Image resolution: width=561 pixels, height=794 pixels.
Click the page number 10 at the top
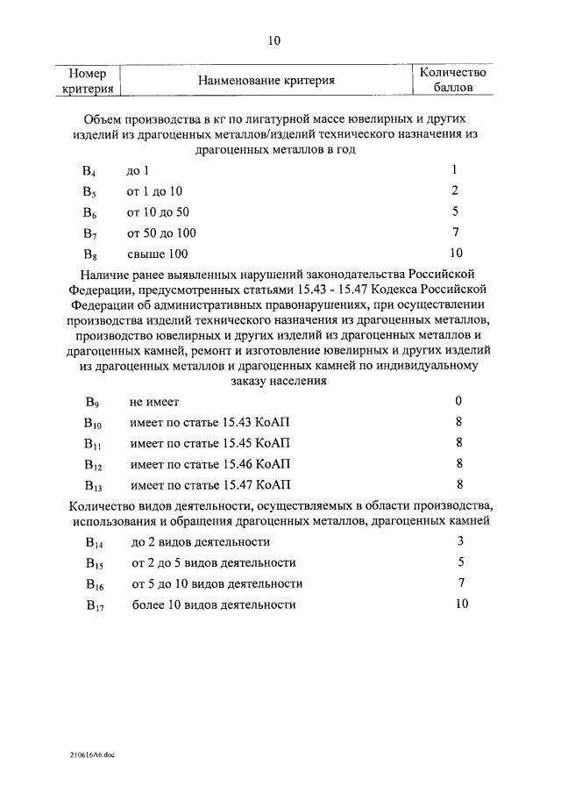pyautogui.click(x=273, y=40)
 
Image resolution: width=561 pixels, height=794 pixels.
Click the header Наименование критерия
pyautogui.click(x=266, y=81)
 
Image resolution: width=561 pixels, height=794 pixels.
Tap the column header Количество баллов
pyautogui.click(x=453, y=81)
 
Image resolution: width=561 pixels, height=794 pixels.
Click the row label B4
pyautogui.click(x=89, y=170)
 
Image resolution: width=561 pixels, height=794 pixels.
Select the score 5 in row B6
pyautogui.click(x=456, y=211)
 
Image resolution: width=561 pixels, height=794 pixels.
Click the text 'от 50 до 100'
pyautogui.click(x=161, y=233)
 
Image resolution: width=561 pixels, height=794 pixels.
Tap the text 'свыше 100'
pyautogui.click(x=157, y=254)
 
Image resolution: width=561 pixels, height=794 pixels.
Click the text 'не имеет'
pyautogui.click(x=154, y=402)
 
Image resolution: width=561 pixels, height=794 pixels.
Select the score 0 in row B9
pyautogui.click(x=458, y=401)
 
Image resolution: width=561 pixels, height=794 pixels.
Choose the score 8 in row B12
pyautogui.click(x=458, y=463)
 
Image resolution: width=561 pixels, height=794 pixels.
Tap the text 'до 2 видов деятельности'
pyautogui.click(x=201, y=542)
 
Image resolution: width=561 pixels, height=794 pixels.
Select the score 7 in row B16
pyautogui.click(x=460, y=583)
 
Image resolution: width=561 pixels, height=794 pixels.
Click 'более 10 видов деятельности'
pyautogui.click(x=214, y=604)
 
